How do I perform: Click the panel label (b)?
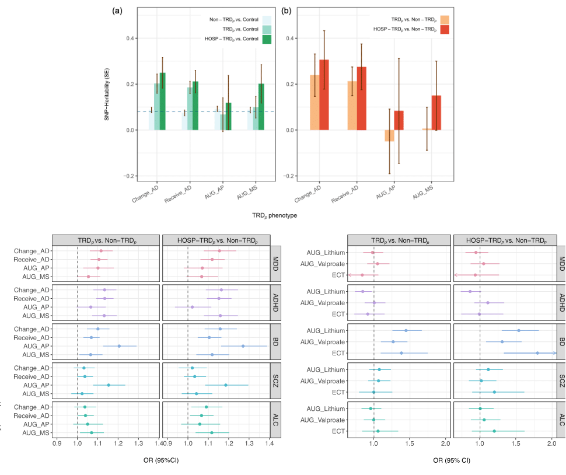click(286, 10)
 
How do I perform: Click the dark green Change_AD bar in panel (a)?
click(162, 101)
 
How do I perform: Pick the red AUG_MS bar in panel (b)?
click(436, 112)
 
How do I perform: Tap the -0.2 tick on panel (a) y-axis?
click(129, 176)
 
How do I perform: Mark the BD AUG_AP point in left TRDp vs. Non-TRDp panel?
click(119, 346)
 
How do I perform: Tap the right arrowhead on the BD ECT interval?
click(555, 353)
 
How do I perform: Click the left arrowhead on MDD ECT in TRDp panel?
click(349, 275)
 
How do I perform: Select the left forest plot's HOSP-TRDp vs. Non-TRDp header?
click(216, 240)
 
